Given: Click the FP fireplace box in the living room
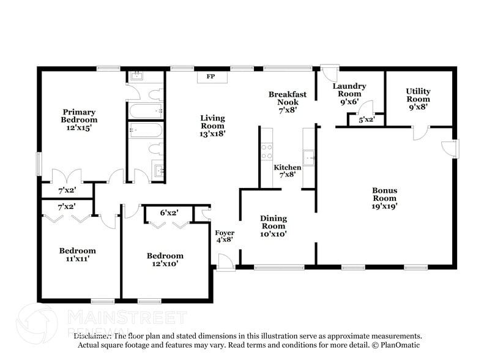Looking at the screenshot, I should click(210, 77).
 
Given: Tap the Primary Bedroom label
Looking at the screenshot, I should click(79, 116).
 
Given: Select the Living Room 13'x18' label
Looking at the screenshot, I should click(213, 125).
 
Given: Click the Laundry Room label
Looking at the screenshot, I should click(349, 94).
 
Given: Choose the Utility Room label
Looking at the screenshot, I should click(418, 99).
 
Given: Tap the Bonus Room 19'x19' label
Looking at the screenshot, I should click(385, 198).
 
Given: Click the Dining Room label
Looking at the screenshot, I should click(273, 225).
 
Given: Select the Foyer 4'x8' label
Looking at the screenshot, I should click(224, 236).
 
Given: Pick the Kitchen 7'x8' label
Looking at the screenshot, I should click(287, 170).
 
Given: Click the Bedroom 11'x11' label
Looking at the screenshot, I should click(77, 254).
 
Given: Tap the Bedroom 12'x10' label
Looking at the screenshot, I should click(165, 259).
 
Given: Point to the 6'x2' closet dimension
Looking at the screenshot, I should click(169, 212).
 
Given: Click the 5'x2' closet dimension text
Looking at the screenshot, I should click(366, 120).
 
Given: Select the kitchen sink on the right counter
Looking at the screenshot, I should click(309, 157).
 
